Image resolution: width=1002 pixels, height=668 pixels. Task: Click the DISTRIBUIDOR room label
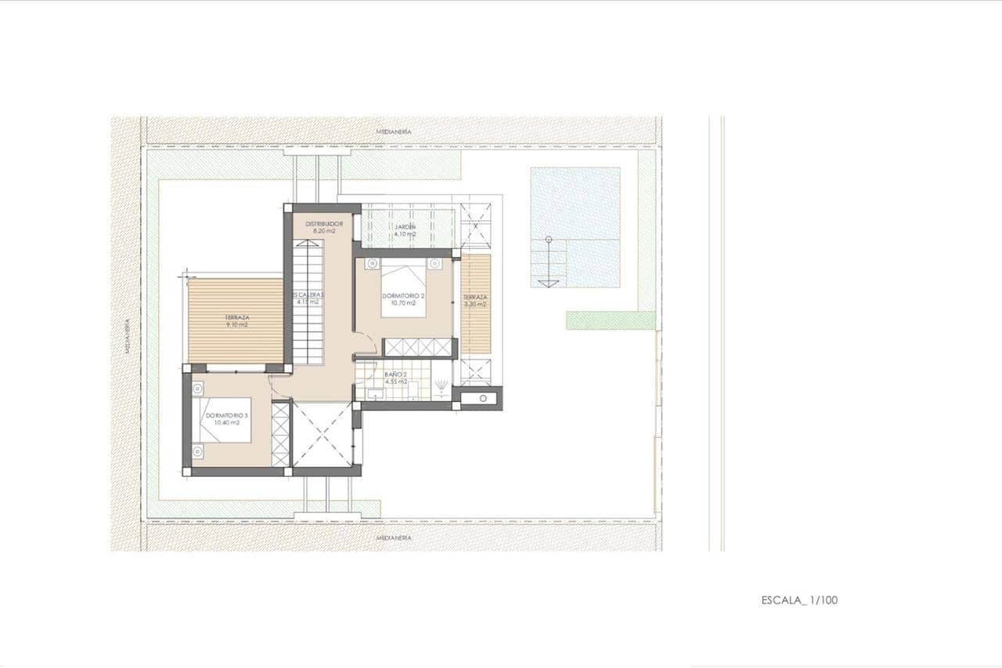[323, 223]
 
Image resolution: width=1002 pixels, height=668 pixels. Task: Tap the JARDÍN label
[405, 227]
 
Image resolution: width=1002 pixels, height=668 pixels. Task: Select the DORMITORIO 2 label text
[403, 296]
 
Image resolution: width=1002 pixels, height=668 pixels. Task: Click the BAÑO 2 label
[395, 375]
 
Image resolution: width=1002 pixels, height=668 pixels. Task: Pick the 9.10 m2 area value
[237, 324]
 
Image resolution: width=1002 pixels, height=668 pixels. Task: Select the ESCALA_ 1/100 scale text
[799, 601]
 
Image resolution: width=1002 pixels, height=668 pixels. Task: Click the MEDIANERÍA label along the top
[393, 132]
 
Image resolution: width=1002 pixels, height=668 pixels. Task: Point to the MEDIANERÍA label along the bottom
[393, 538]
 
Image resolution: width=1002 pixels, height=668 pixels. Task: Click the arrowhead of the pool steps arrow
[549, 283]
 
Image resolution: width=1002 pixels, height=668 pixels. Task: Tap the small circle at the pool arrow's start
[549, 238]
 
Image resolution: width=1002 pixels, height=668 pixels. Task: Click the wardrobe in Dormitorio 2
[418, 348]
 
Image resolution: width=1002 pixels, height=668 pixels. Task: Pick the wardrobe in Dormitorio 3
[280, 434]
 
